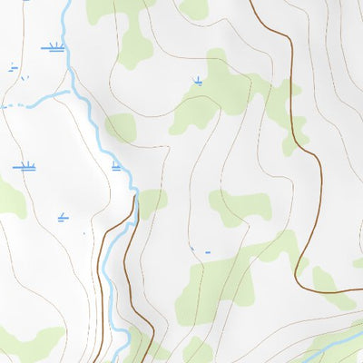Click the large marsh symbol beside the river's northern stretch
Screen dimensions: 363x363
(54, 45)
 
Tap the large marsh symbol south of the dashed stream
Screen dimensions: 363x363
(24, 166)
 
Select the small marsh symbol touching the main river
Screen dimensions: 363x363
(116, 166)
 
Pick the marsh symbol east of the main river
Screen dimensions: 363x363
(198, 82)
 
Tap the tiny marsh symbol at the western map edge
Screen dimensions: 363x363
(13, 66)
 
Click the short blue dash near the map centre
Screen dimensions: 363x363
(208, 251)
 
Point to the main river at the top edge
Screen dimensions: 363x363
(66, 5)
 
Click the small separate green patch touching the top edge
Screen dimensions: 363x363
(193, 8)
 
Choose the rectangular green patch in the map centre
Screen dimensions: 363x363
(240, 206)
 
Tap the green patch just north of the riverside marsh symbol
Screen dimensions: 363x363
(120, 127)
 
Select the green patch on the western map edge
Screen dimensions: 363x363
(10, 198)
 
